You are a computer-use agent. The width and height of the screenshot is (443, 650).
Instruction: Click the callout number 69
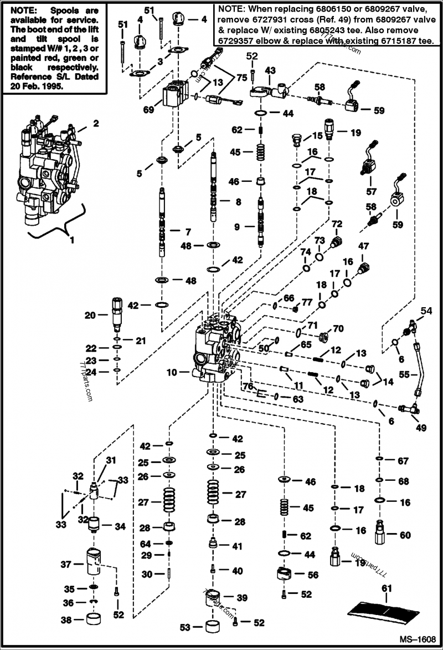[148, 110]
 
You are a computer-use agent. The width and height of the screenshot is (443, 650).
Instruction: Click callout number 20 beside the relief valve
[90, 316]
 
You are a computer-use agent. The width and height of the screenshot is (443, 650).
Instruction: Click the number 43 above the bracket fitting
[270, 70]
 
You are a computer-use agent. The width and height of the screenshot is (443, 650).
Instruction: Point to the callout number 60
[405, 535]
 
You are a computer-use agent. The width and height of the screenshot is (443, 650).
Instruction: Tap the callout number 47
[363, 246]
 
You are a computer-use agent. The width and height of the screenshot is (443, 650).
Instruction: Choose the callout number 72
[337, 224]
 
